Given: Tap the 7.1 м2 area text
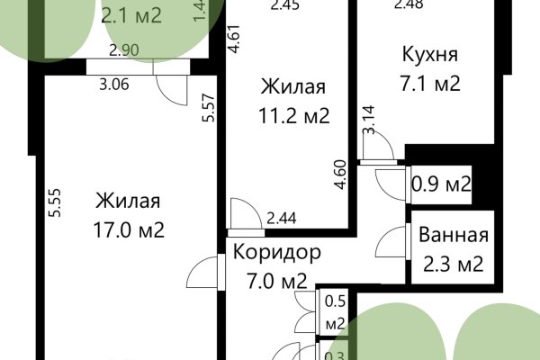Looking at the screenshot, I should click(x=430, y=85).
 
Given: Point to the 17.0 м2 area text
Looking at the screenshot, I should click(x=130, y=229).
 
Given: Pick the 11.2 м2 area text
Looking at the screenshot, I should click(x=292, y=115).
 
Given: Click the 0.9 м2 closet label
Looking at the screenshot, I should click(x=442, y=185).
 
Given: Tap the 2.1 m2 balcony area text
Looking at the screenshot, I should click(x=133, y=15).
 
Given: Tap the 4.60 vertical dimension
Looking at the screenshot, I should click(x=339, y=172).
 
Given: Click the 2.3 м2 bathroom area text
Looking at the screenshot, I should click(x=454, y=265).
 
